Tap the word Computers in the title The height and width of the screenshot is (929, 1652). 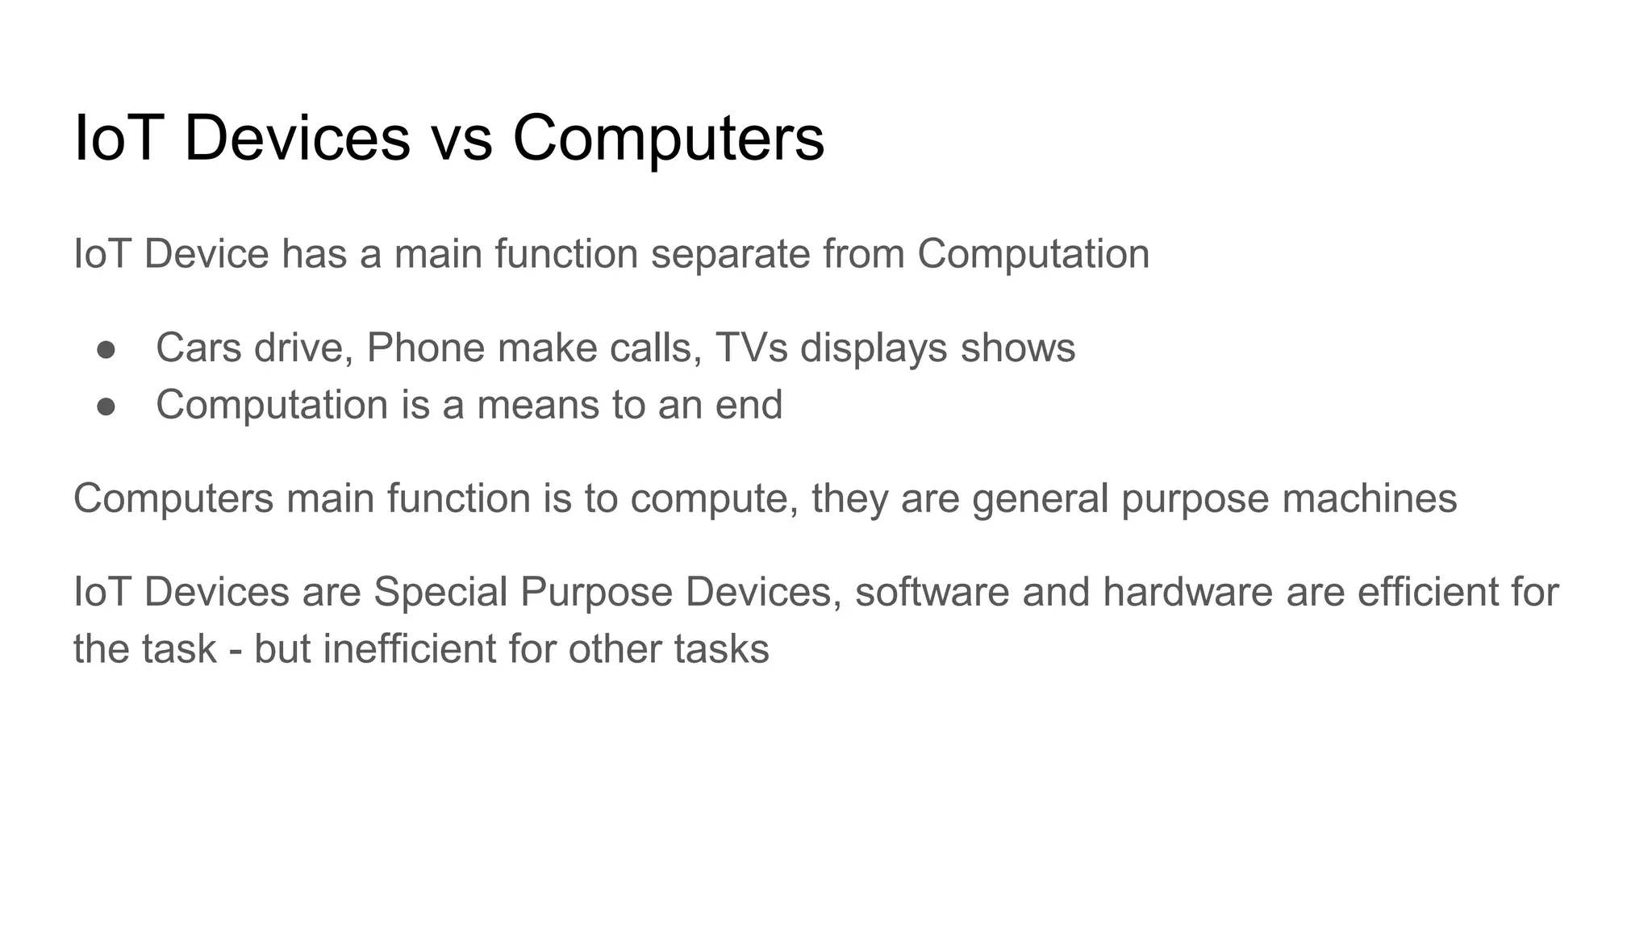pyautogui.click(x=668, y=139)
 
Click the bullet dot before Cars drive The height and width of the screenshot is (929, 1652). pyautogui.click(x=106, y=349)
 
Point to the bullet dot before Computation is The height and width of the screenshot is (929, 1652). pyautogui.click(x=106, y=406)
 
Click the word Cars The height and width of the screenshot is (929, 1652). pyautogui.click(x=198, y=348)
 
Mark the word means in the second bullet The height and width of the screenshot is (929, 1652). pyautogui.click(x=538, y=405)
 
